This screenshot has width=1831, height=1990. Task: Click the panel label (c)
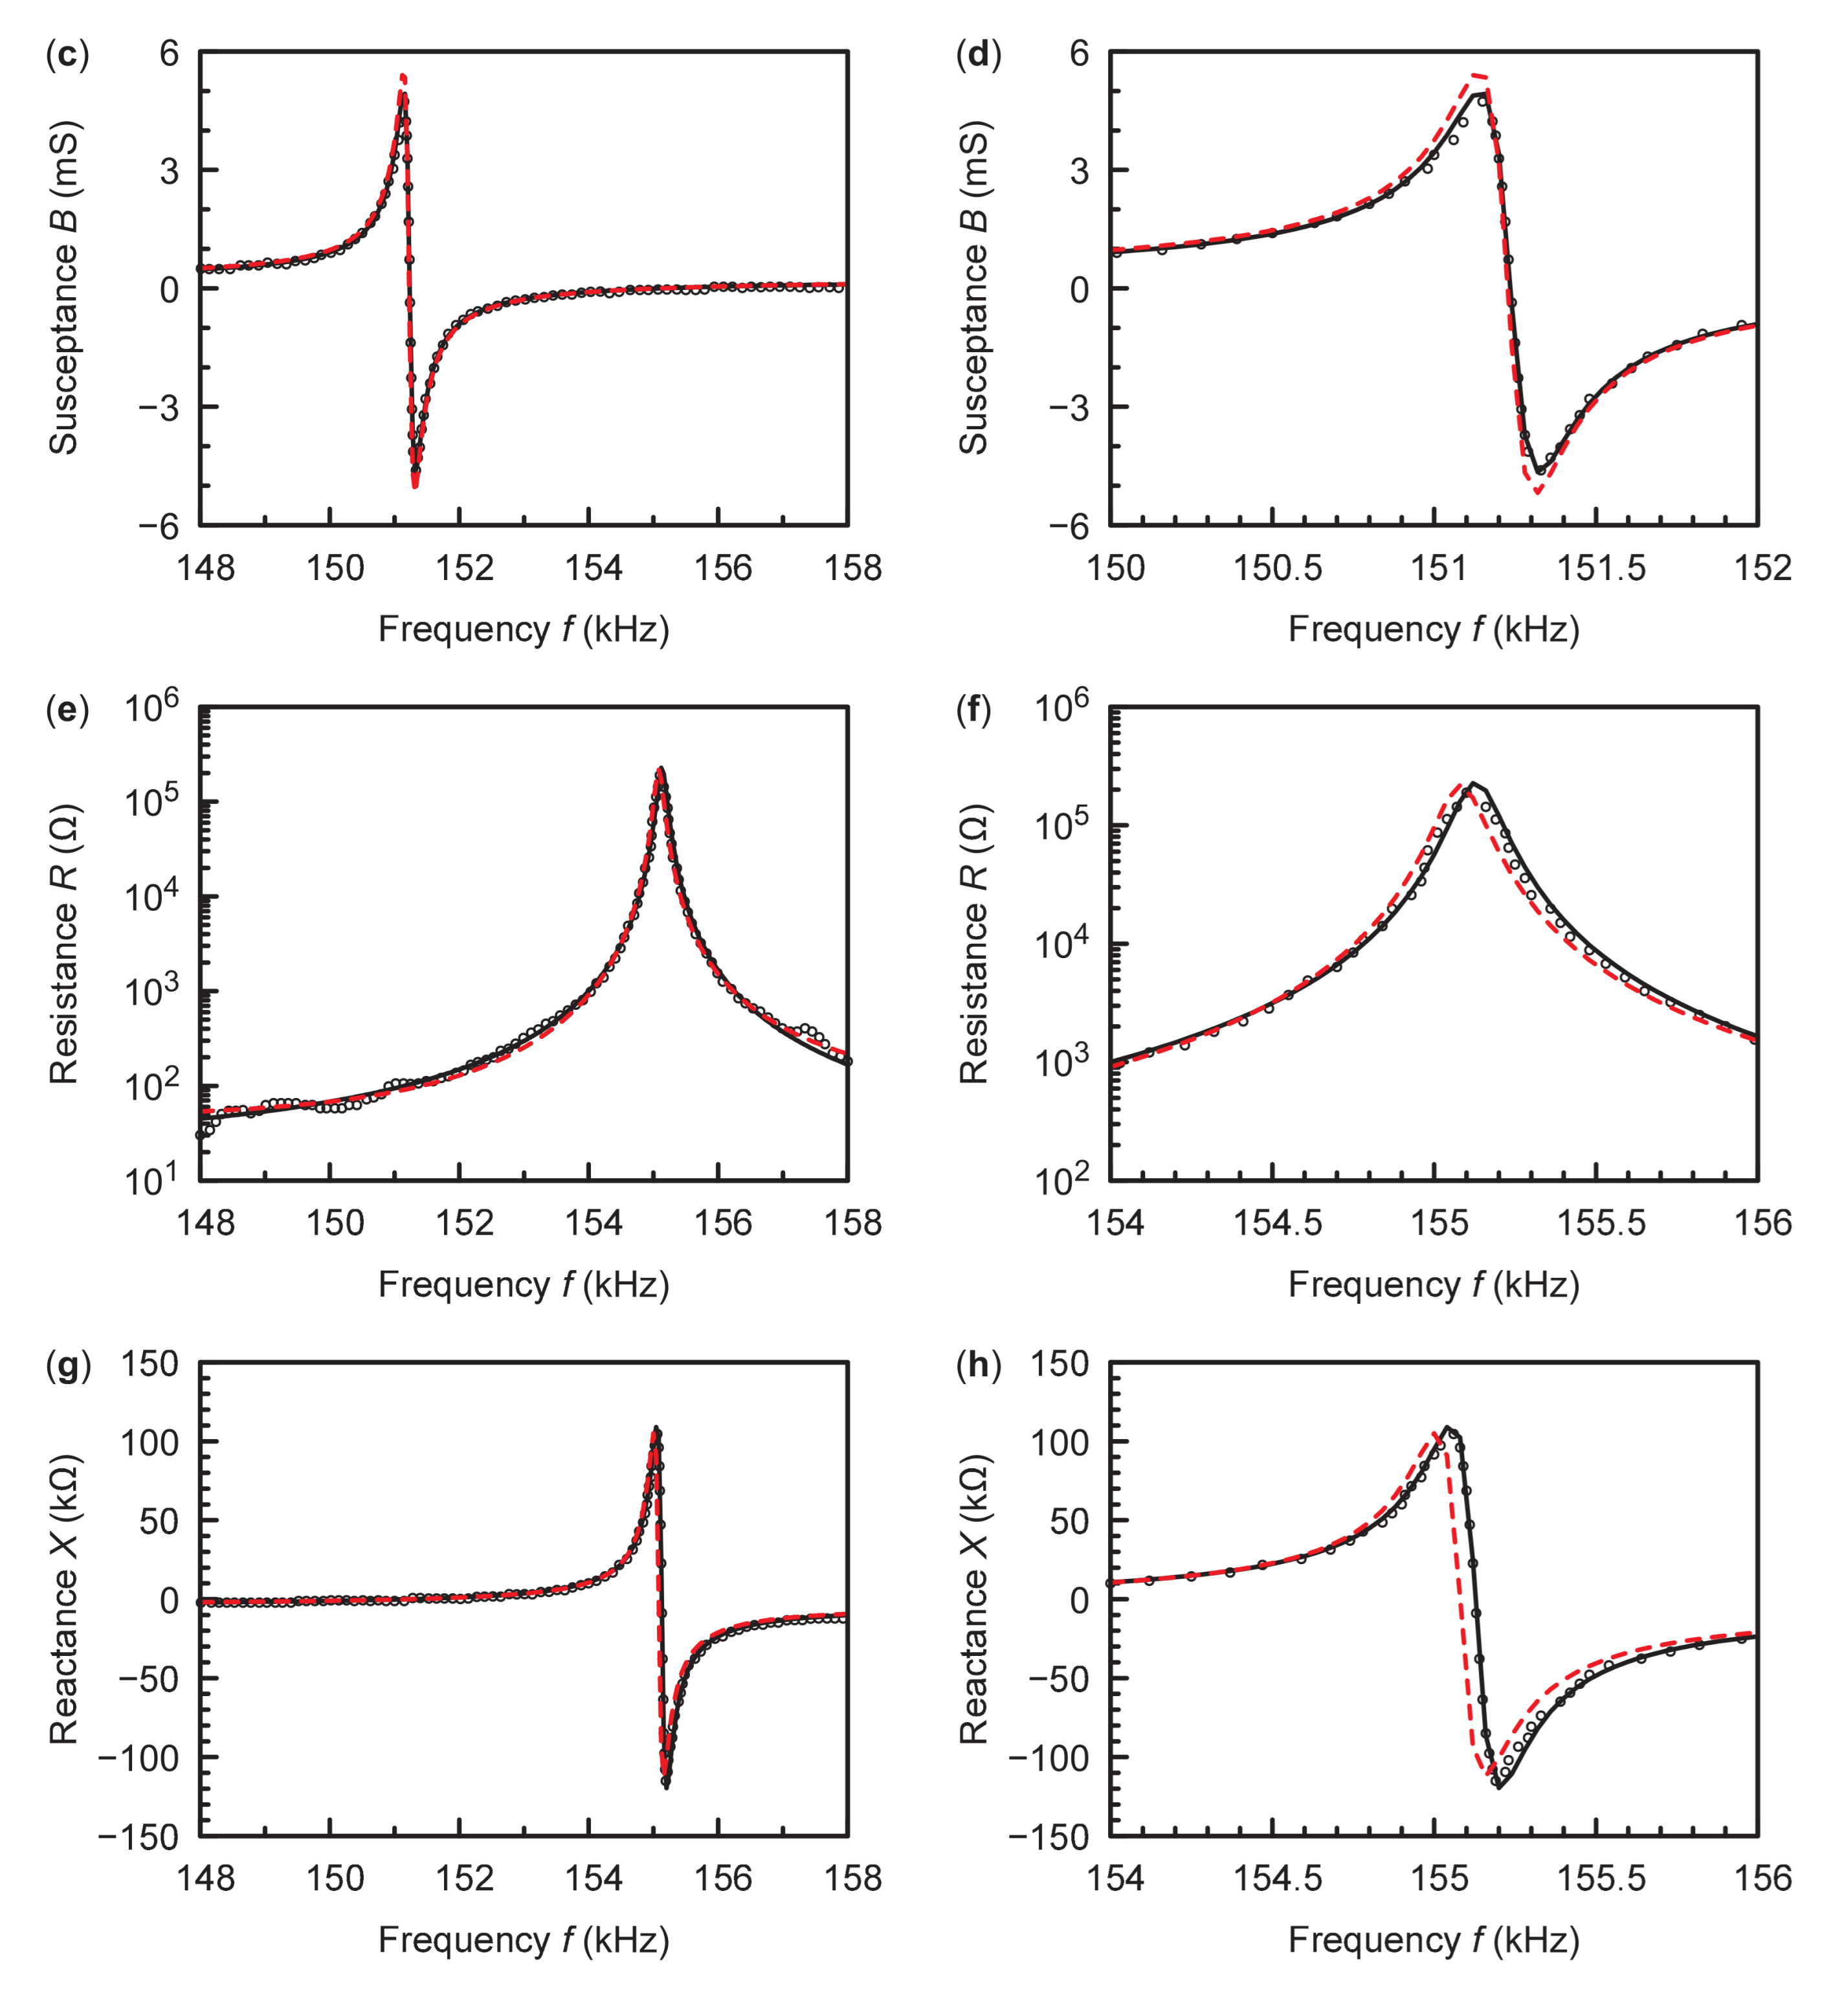(x=67, y=54)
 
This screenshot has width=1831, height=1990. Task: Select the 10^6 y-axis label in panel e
(x=151, y=706)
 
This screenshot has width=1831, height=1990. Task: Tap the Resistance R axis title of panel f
(x=974, y=943)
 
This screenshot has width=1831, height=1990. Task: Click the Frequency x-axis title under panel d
(x=1434, y=629)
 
